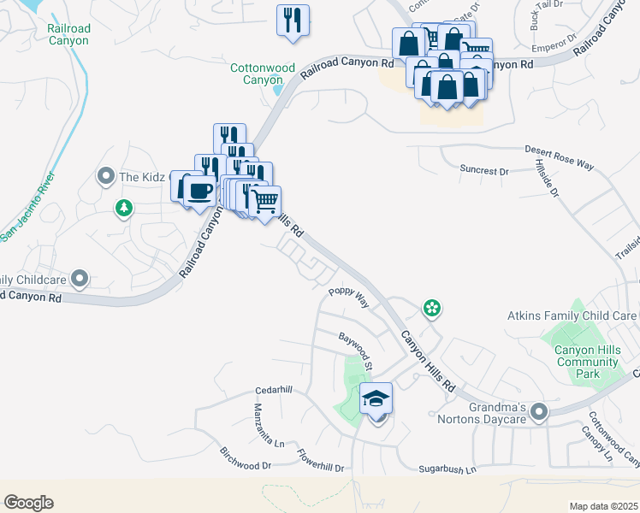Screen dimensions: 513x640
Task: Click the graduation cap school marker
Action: pos(376,398)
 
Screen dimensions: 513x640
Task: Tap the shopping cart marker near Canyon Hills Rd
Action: pos(265,202)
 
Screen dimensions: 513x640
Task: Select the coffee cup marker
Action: pos(200,191)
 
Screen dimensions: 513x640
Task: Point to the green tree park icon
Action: pos(124,207)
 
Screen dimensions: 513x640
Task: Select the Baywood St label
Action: pos(356,351)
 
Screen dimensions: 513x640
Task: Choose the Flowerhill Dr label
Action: pos(320,461)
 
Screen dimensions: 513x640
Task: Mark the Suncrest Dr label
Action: pos(483,170)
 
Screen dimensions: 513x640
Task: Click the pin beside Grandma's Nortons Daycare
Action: pos(538,413)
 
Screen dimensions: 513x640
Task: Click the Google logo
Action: pos(28,503)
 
